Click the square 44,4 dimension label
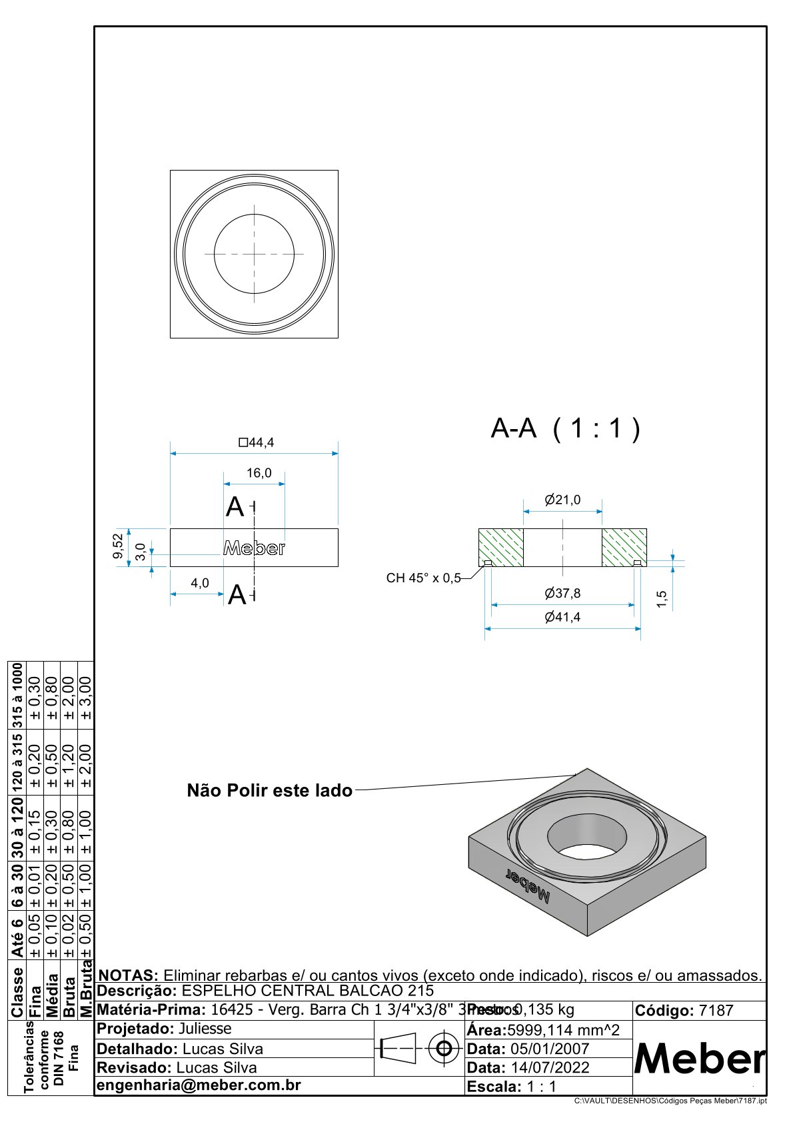pos(257,442)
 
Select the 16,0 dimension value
pos(259,473)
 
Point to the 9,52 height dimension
pos(118,546)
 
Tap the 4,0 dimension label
pos(200,583)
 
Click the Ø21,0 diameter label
pos(562,500)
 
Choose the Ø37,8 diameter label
pos(562,593)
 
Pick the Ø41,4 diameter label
pos(562,617)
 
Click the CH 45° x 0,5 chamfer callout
pos(424,578)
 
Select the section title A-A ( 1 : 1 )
pos(565,428)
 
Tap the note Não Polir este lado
pos(269,791)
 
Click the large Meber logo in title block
pos(699,1058)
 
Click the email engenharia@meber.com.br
pos(199,1085)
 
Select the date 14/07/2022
pos(550,1067)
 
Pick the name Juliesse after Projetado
pos(205,1029)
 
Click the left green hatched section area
pos(501,547)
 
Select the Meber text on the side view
pos(254,548)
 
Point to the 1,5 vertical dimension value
pos(662,598)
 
